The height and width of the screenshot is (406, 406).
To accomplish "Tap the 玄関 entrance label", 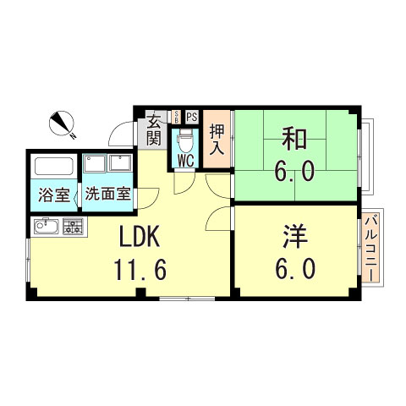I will pyautogui.click(x=153, y=129).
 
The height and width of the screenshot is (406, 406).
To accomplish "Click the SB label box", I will pyautogui.click(x=175, y=117).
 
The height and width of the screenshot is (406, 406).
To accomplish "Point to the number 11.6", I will pyautogui.click(x=140, y=270).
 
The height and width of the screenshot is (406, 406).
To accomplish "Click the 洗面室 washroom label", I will pyautogui.click(x=106, y=194).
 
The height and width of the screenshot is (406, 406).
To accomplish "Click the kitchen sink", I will pyautogui.click(x=45, y=226).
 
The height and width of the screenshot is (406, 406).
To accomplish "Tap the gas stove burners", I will pyautogui.click(x=74, y=226).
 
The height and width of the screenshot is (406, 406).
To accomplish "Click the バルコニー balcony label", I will pyautogui.click(x=371, y=250).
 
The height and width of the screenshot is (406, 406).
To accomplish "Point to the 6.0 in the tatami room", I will pyautogui.click(x=295, y=172).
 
